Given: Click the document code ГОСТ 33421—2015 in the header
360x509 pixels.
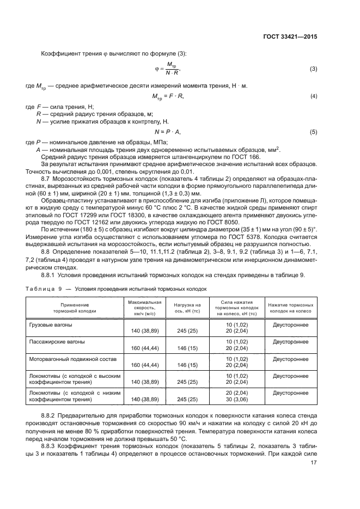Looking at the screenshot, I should point(289,37).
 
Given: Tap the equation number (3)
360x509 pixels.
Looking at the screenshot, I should point(313,69).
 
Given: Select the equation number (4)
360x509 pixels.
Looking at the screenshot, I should point(313,96).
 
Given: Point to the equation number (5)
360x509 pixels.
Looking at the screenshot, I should point(313,132).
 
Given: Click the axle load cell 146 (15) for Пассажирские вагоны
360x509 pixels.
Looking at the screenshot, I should point(187,348).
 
